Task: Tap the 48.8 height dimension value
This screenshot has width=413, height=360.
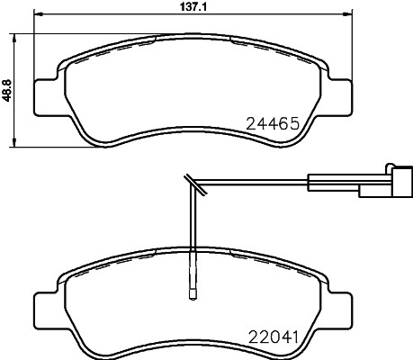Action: (7, 87)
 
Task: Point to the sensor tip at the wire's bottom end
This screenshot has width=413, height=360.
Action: (192, 290)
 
